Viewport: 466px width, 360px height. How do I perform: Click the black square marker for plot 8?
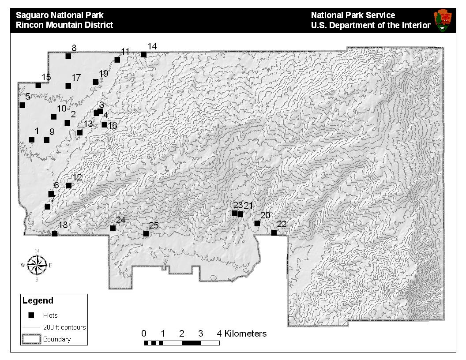pyautogui.click(x=68, y=56)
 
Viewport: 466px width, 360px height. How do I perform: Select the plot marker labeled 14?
pyautogui.click(x=144, y=55)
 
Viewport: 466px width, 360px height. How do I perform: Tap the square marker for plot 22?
pyautogui.click(x=274, y=232)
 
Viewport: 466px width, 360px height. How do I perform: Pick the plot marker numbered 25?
pyautogui.click(x=146, y=233)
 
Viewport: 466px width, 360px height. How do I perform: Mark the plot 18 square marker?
pyautogui.click(x=55, y=233)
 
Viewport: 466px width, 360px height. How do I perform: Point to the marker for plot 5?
pyautogui.click(x=23, y=105)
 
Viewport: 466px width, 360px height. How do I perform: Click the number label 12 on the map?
pyautogui.click(x=77, y=177)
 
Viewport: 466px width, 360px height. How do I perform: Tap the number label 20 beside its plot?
pyautogui.click(x=265, y=215)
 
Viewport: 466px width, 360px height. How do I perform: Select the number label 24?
pyautogui.click(x=120, y=220)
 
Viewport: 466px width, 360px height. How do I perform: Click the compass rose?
pyautogui.click(x=37, y=265)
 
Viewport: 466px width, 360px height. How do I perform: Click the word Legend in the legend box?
pyautogui.click(x=38, y=301)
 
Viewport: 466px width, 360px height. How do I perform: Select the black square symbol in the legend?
pyautogui.click(x=31, y=315)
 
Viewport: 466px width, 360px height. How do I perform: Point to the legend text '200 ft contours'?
pyautogui.click(x=64, y=327)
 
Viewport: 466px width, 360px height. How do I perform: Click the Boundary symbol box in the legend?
pyautogui.click(x=31, y=339)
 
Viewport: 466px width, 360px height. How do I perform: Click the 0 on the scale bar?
pyautogui.click(x=144, y=334)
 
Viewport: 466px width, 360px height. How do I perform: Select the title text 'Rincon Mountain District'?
pyautogui.click(x=64, y=25)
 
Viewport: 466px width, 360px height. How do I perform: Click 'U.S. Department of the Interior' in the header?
pyautogui.click(x=370, y=25)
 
